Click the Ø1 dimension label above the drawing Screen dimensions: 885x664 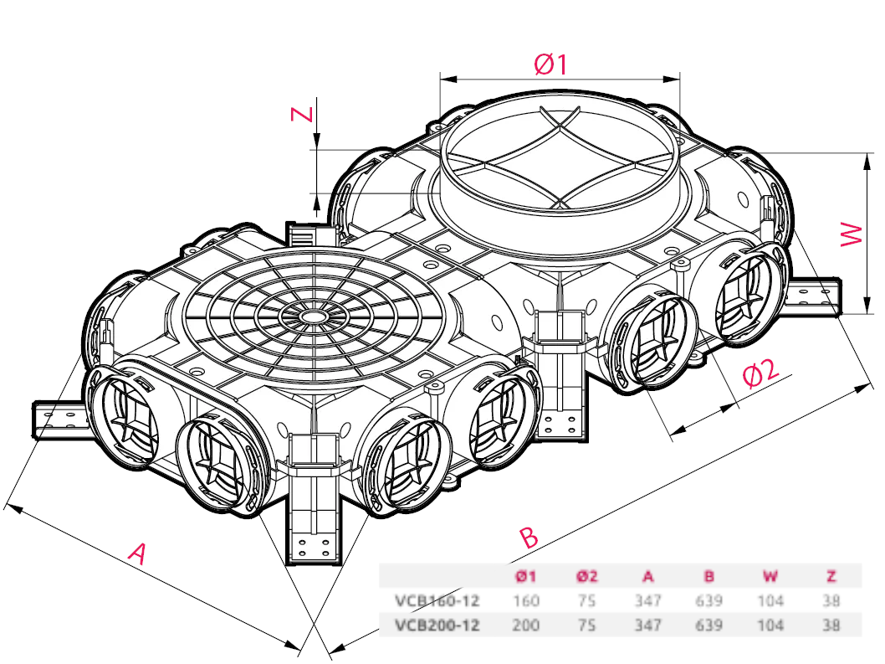point(551,64)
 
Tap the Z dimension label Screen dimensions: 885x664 point(302,114)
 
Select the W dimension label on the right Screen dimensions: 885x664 point(852,234)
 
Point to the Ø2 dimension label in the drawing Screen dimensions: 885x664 point(761,372)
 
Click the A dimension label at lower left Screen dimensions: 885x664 point(138,553)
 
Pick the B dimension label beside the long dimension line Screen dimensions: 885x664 point(529,537)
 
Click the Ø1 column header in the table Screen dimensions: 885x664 point(525,576)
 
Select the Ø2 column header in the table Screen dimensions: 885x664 point(587,576)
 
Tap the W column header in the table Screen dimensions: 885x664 point(770,576)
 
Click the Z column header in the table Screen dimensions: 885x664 point(831,576)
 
